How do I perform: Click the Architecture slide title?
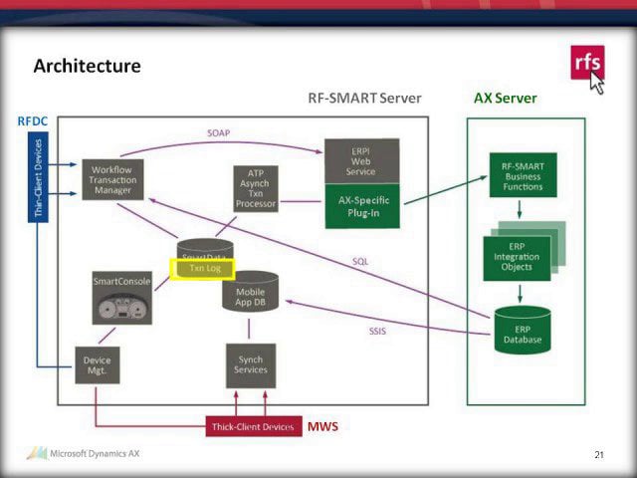click(87, 66)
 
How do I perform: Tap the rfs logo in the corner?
click(586, 64)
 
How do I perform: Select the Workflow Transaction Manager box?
click(111, 177)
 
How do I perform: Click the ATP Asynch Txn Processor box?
click(255, 188)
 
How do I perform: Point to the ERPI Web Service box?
click(361, 160)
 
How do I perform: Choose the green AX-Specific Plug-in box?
click(361, 205)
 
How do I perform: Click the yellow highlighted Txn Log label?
click(204, 268)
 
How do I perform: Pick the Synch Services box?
click(251, 364)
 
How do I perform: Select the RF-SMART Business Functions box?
click(523, 174)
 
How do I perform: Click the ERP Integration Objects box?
click(517, 257)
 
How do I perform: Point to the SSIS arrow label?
click(377, 331)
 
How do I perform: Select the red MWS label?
click(322, 426)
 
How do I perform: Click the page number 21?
click(598, 455)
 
